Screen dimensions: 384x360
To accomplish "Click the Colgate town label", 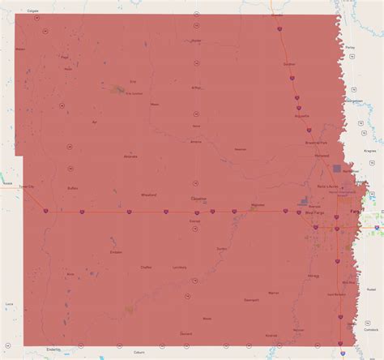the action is pos(32,11).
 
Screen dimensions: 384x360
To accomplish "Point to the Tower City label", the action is pos(28,187).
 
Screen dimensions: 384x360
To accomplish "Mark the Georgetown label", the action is pos(355,100).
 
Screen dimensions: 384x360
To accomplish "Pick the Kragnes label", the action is pos(373,151).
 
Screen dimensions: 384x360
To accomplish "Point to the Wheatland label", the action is pos(149,195).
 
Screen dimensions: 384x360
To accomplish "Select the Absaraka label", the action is pos(130,156).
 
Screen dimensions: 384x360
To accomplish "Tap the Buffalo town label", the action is pos(72,187).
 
